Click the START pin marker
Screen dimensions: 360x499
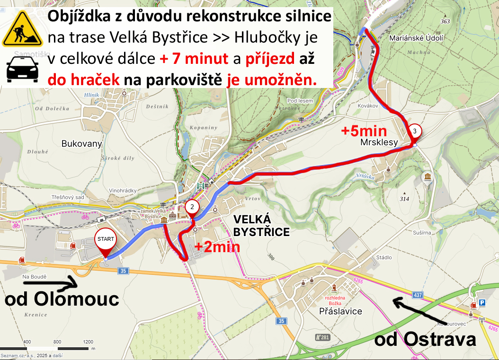[106, 240]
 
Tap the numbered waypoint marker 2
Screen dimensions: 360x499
[192, 207]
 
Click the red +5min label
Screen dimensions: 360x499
[364, 131]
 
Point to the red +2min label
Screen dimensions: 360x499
[217, 246]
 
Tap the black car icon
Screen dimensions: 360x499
[22, 70]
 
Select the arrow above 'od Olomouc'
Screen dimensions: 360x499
[50, 283]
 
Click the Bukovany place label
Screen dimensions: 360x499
[82, 143]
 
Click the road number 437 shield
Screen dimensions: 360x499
[418, 295]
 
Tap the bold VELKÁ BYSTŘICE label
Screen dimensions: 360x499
[261, 225]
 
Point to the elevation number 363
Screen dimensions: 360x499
[445, 21]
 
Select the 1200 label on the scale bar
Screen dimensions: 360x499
[88, 342]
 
